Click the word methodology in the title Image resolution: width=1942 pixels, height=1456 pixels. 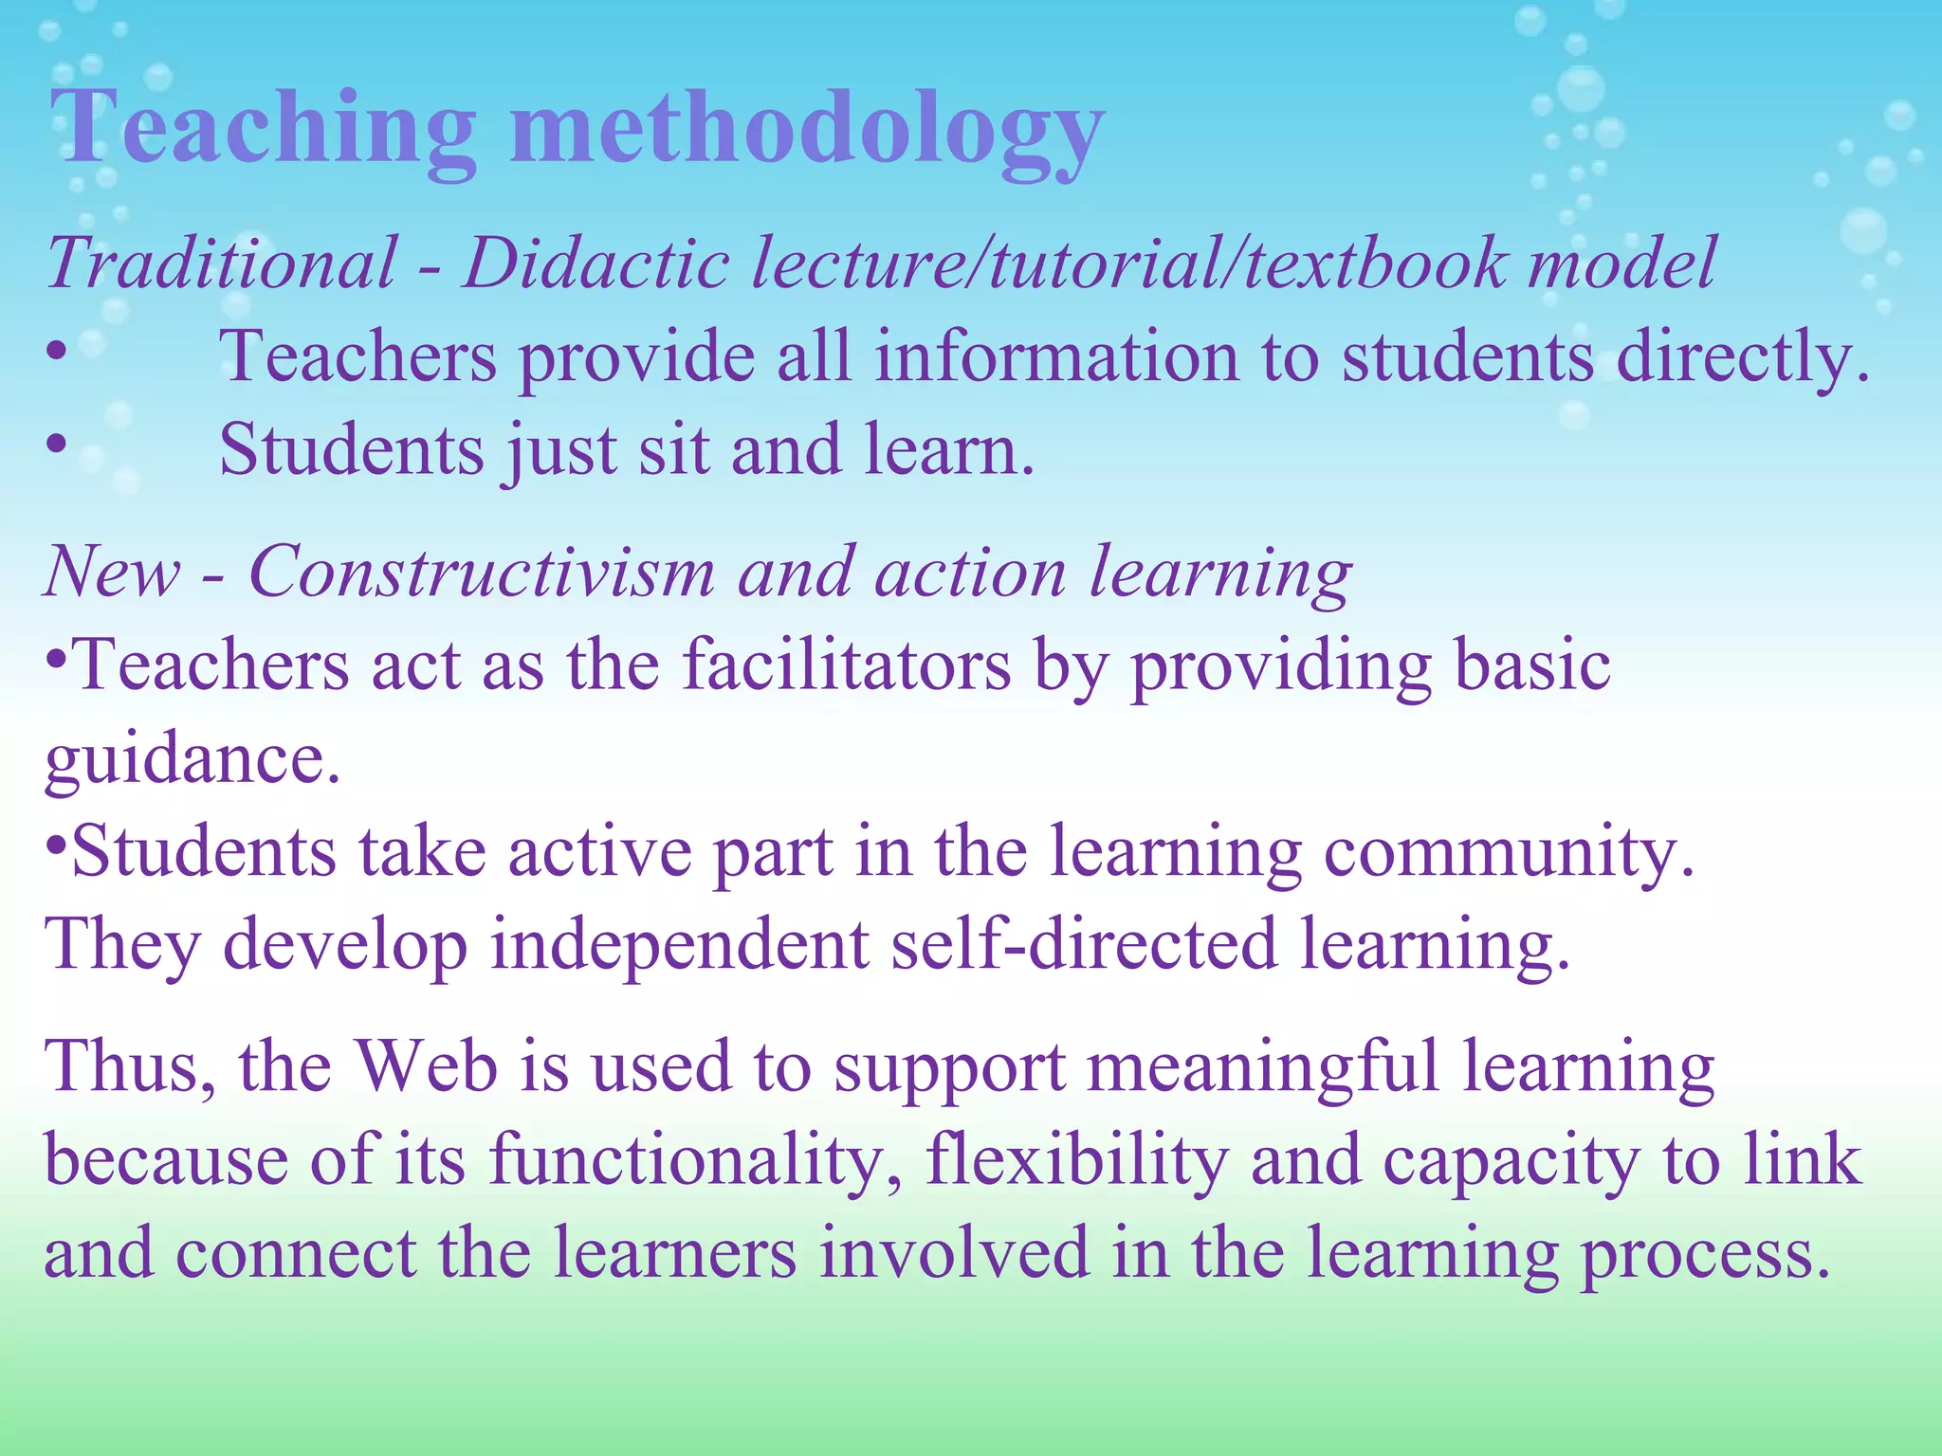[806, 133]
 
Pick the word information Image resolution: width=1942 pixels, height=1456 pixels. [1056, 357]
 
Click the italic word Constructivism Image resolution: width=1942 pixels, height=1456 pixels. [482, 573]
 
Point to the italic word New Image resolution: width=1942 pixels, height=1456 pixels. [112, 573]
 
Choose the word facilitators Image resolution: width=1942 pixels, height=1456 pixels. [847, 665]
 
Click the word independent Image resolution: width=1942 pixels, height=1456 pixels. [679, 945]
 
